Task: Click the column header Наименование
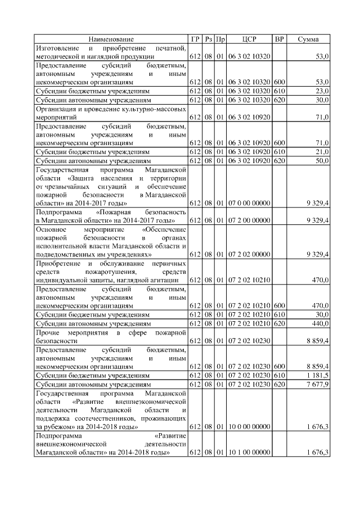111,39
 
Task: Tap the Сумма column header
308,39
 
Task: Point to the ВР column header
279,39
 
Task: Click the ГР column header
195,39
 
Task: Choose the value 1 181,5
318,375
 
